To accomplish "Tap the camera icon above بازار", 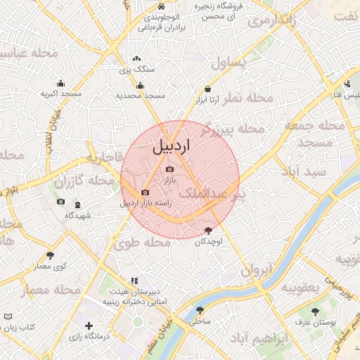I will coord(169,169).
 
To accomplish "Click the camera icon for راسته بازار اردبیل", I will coord(145,192).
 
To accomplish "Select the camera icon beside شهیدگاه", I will coord(60,202).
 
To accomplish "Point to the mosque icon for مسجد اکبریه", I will coord(60,83).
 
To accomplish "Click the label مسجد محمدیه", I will coord(141,95).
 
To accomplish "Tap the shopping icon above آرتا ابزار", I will coord(208,89).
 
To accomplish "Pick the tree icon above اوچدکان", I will coord(208,230).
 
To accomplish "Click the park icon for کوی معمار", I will coord(50,255).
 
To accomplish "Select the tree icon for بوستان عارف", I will coord(314,311).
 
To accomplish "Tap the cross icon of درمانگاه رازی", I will coord(89,326).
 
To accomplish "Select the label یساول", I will coord(230,63).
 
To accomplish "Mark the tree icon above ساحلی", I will coord(200,309).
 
